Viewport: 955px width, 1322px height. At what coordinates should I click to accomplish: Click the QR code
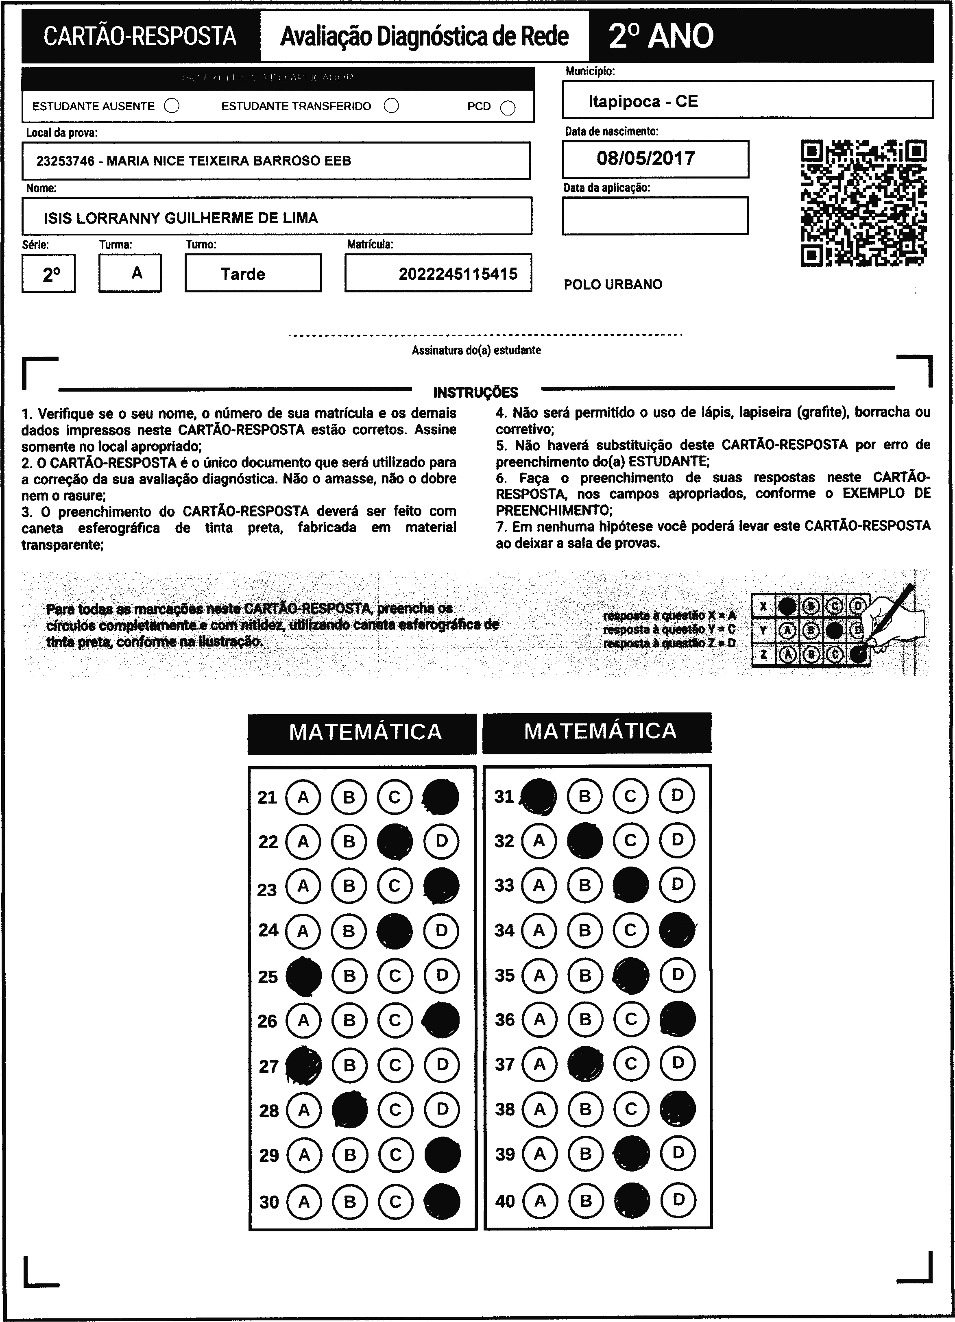(x=863, y=203)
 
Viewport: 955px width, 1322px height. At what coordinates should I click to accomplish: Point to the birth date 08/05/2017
(x=645, y=159)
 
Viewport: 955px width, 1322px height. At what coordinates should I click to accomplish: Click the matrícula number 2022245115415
(x=458, y=274)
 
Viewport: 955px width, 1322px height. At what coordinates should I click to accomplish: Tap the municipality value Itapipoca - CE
(x=643, y=101)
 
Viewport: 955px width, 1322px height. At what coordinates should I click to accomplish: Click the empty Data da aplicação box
(x=655, y=216)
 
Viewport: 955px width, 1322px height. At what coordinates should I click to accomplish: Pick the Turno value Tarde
(x=242, y=274)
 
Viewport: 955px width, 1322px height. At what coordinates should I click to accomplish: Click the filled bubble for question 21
(x=441, y=797)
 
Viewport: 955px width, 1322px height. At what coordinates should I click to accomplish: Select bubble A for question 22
(x=303, y=841)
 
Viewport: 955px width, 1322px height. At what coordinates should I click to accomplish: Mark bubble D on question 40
(x=678, y=1200)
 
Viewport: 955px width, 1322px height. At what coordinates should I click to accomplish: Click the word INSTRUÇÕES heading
(x=476, y=392)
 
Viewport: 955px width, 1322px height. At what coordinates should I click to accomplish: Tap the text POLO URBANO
(x=613, y=285)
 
